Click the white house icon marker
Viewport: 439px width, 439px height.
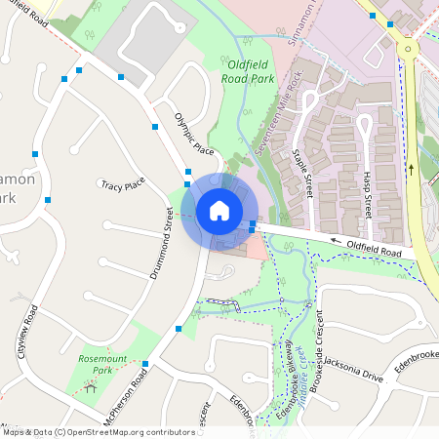coord(219,211)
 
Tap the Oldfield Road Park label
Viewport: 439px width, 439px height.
coord(256,72)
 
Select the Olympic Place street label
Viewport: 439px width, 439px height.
coord(193,133)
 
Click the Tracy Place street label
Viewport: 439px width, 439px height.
coord(123,184)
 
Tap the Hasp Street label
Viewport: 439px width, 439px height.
coord(368,192)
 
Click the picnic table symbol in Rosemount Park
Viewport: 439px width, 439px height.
coord(91,388)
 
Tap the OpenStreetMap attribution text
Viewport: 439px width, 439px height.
coord(98,432)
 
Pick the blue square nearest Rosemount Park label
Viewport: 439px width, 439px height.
coord(144,364)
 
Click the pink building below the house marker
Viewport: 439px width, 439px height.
coord(256,248)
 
